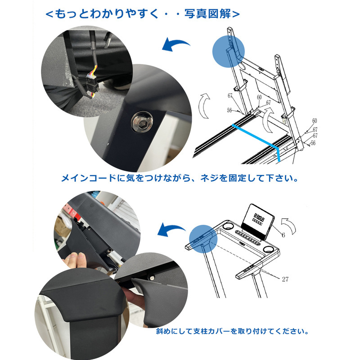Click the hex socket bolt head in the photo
tap(142, 122)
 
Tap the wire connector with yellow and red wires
tap(91, 82)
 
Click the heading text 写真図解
tap(208, 14)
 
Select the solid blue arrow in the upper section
tap(176, 45)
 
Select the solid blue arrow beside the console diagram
tap(171, 229)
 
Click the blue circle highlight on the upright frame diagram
tap(229, 51)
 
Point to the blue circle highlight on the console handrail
tap(203, 239)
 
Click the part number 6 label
tap(283, 235)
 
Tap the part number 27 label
tap(285, 279)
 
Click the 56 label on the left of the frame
tap(229, 110)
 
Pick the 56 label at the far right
tap(313, 143)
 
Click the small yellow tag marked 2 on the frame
tap(284, 121)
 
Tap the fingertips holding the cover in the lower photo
tap(76, 260)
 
